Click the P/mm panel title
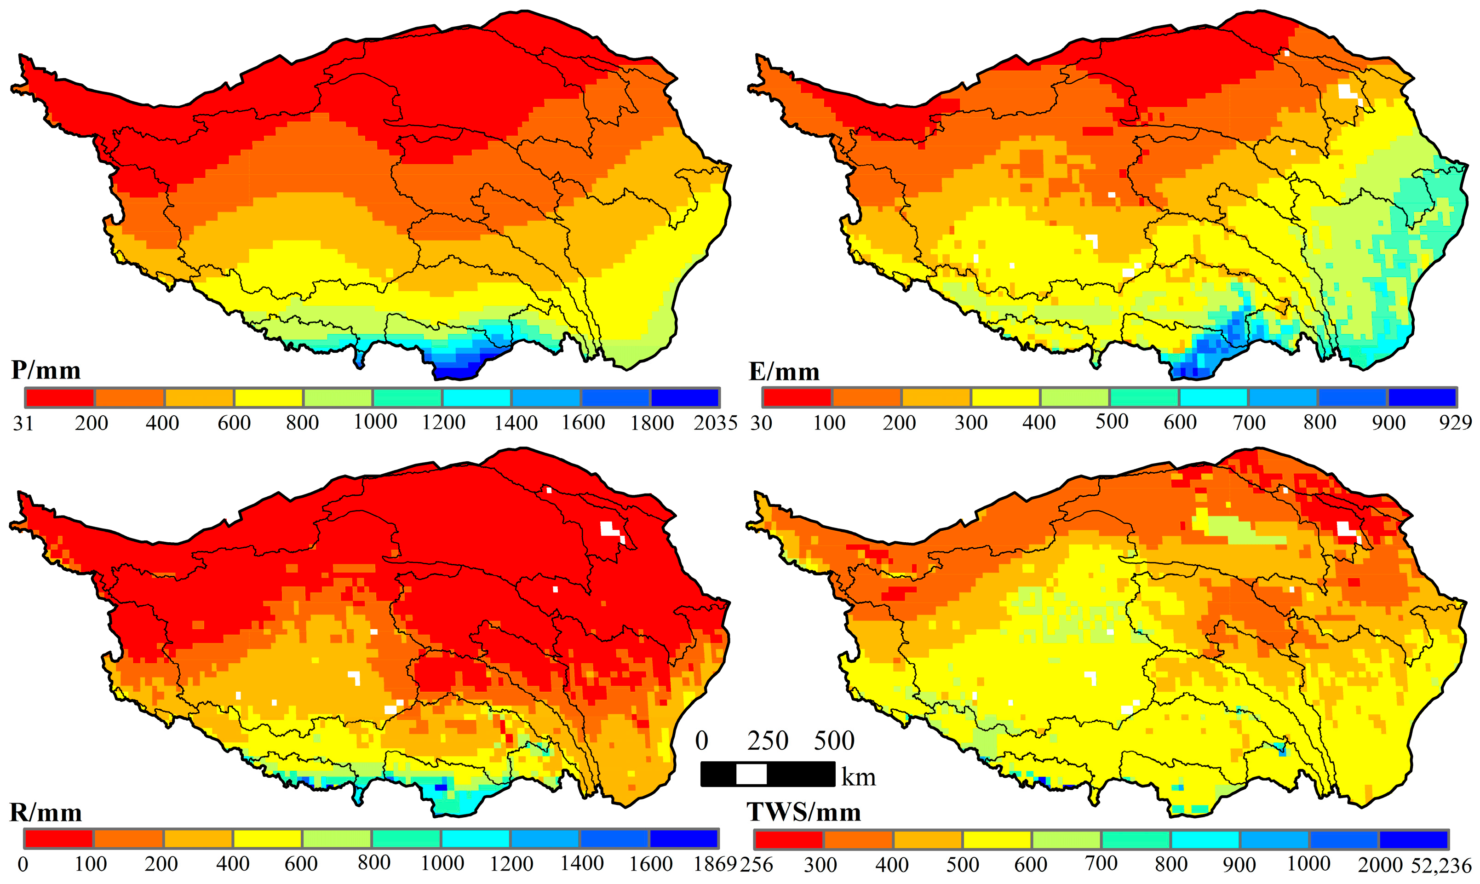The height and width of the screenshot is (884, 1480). pos(46,371)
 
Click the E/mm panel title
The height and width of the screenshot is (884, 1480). pos(784,372)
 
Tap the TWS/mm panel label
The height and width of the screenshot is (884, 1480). pos(804,812)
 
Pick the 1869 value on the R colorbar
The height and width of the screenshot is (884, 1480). pos(715,864)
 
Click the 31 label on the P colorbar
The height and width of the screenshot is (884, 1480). pos(23,423)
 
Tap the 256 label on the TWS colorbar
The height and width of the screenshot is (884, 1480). pos(757,864)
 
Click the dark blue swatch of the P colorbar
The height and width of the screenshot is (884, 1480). pos(685,397)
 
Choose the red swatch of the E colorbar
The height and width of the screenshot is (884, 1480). pos(797,397)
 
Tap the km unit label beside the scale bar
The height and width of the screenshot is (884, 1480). pos(858,777)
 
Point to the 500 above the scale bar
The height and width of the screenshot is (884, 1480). pos(834,741)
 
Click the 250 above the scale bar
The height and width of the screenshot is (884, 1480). pos(768,741)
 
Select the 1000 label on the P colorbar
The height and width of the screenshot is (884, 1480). pos(375,422)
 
